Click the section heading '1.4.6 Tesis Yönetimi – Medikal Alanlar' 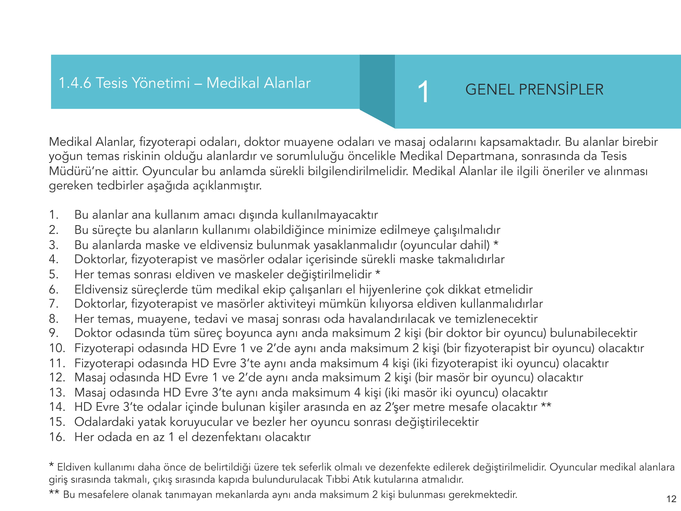[185, 83]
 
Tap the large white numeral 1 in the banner [423, 92]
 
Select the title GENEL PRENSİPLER [534, 90]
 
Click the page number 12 [671, 499]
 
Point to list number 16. [57, 437]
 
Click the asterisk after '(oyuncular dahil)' [496, 244]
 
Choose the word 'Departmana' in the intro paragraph [481, 156]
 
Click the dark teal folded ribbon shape [377, 89]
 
